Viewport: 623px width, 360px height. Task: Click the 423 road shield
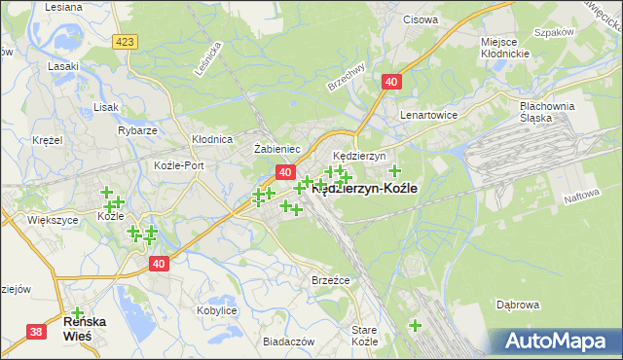point(124,42)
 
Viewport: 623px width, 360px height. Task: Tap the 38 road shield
point(36,332)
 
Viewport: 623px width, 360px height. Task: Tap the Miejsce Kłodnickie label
point(505,47)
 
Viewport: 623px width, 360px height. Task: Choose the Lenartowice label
point(429,114)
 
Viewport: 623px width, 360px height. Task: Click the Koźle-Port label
point(179,165)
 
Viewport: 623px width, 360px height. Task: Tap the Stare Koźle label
point(364,336)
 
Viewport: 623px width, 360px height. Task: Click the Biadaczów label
point(288,342)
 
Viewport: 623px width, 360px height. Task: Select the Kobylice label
point(216,310)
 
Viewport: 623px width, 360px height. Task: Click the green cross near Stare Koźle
point(415,325)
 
